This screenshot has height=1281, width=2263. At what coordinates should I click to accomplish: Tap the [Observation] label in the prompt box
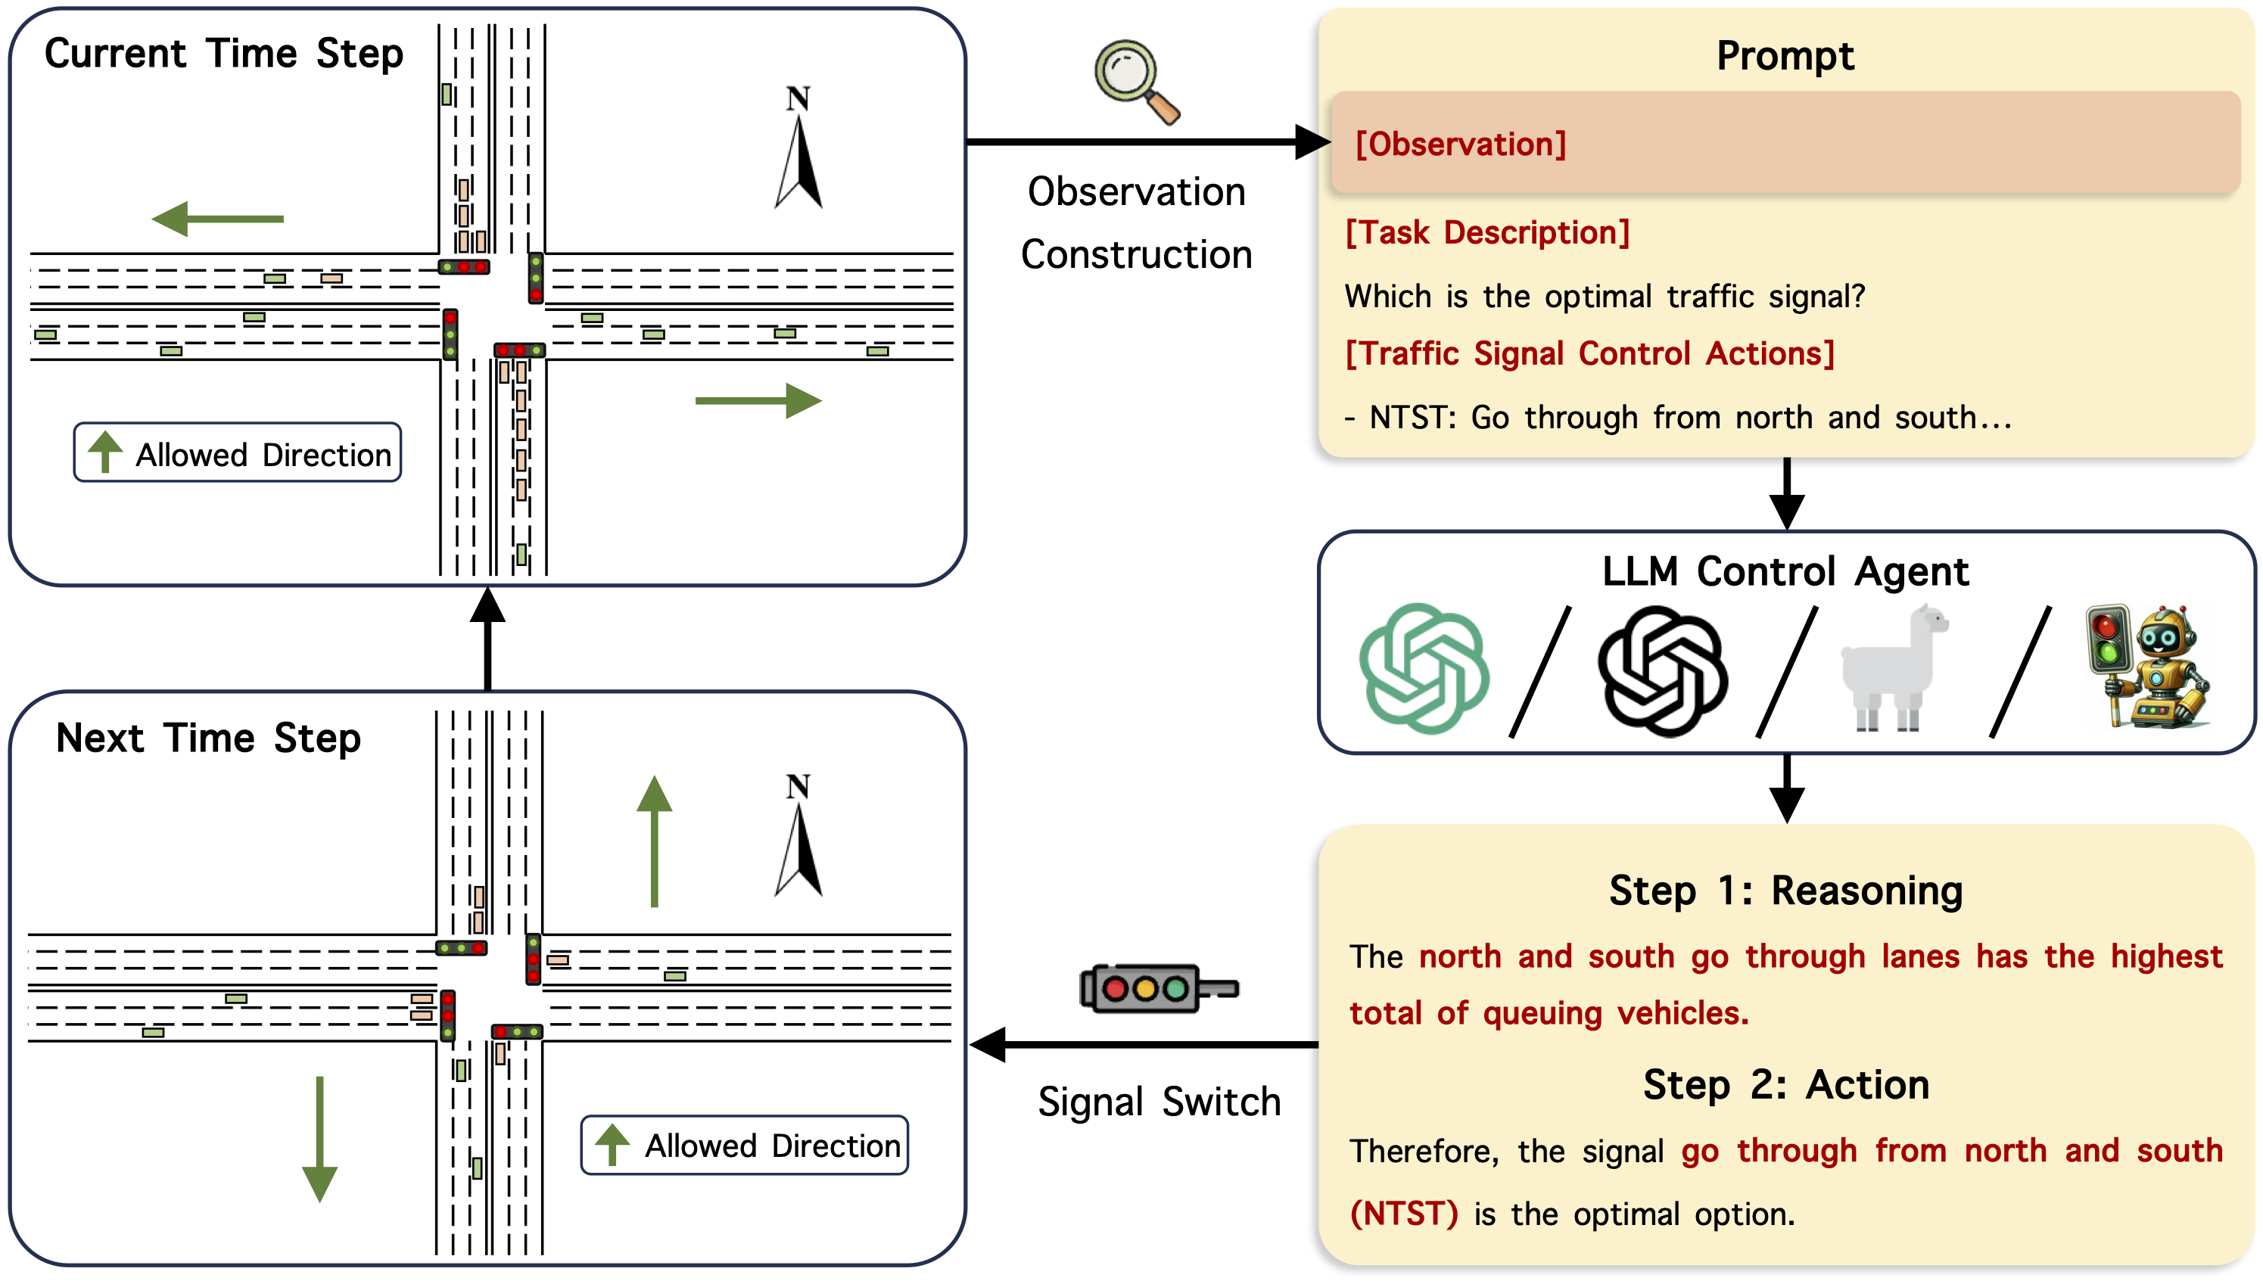point(1461,144)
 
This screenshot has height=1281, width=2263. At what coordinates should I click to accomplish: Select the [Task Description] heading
point(1488,232)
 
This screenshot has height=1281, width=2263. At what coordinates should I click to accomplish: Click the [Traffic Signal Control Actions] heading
point(1590,353)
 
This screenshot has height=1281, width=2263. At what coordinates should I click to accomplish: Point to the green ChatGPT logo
point(1424,668)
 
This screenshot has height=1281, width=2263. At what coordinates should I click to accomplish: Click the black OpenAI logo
point(1663,670)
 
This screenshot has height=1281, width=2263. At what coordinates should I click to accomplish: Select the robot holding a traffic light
point(2147,666)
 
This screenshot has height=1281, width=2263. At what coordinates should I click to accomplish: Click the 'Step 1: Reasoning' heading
point(1786,891)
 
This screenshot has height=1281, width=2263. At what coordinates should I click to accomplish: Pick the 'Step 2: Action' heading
point(1786,1084)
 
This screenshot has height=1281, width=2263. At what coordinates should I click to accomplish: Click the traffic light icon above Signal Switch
point(1159,988)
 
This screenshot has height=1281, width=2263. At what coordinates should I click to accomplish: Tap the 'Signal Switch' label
point(1159,1102)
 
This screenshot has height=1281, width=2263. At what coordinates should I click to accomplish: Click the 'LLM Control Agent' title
point(1785,571)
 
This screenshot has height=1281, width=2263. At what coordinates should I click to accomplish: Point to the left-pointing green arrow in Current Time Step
point(217,218)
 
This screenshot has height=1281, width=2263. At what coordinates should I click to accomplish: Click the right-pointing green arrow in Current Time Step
point(758,401)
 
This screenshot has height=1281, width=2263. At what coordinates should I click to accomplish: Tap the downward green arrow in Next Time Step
point(319,1140)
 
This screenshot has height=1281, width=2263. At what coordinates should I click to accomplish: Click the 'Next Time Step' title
point(209,737)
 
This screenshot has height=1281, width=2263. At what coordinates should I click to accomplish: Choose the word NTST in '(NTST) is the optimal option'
point(1404,1214)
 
